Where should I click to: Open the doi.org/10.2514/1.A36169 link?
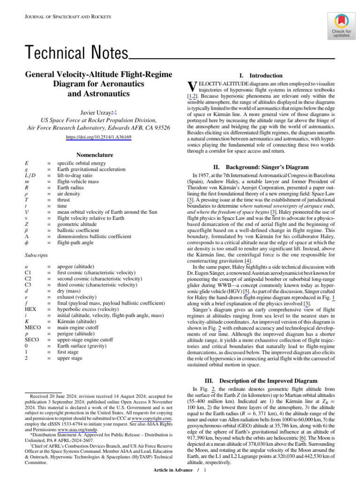98,137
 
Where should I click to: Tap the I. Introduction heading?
261,75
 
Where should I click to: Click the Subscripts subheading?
36,255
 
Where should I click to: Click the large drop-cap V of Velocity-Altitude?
190,87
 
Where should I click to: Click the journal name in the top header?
67,17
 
